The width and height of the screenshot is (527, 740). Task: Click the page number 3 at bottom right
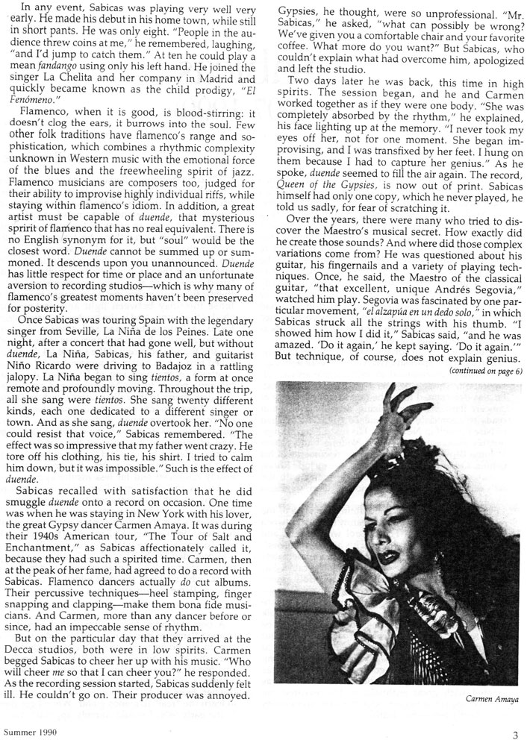515,731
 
